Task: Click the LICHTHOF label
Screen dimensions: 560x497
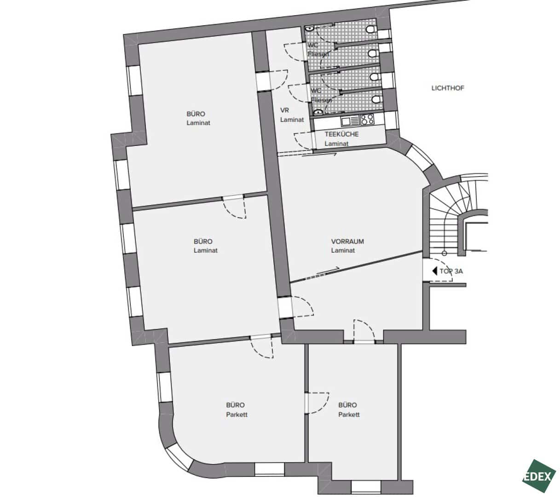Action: (448, 88)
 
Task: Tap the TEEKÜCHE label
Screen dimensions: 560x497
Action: (341, 134)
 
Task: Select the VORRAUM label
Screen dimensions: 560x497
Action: (347, 241)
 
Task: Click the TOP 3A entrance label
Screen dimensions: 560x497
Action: (451, 271)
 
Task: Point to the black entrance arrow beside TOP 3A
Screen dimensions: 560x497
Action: (434, 271)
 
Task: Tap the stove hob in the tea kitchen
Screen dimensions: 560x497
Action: (367, 120)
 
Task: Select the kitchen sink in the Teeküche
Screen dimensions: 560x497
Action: (350, 121)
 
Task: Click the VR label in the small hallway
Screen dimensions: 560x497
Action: (284, 110)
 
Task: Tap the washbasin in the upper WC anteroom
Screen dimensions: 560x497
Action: (309, 28)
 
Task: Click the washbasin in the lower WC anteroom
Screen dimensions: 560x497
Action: (318, 112)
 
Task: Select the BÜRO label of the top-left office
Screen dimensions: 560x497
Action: (196, 114)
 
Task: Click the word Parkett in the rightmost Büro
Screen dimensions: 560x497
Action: (349, 415)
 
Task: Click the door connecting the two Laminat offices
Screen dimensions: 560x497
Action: (234, 207)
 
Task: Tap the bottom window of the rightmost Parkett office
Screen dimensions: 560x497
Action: (366, 486)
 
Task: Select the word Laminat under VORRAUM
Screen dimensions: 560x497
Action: (343, 250)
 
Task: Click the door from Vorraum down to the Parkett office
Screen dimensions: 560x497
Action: (364, 332)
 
